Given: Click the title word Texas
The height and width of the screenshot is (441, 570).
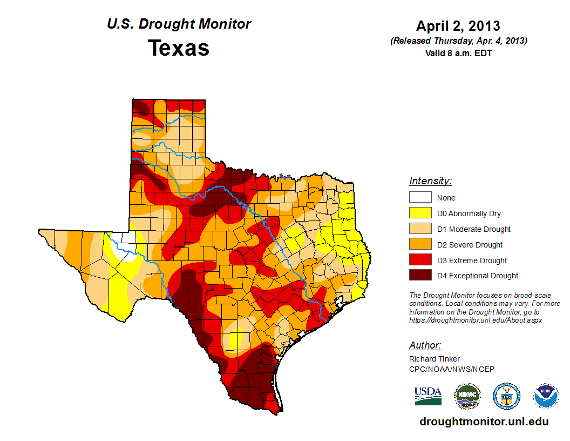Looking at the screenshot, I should [x=179, y=48].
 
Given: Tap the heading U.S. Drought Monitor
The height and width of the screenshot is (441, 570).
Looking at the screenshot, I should [x=179, y=24].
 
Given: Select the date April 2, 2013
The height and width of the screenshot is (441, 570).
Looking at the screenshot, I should [x=458, y=25].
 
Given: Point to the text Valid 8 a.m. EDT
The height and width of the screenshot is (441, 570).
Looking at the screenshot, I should [x=458, y=53].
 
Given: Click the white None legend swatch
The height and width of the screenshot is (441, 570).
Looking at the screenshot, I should [x=420, y=198].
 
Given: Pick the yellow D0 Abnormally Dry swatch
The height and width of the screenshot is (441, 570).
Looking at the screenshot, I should [x=420, y=213].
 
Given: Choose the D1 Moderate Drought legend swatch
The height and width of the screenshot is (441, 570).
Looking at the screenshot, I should [x=420, y=229].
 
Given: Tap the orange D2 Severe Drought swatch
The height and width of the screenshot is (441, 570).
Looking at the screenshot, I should [x=420, y=245].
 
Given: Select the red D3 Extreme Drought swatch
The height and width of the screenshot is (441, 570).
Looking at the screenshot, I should [x=420, y=260].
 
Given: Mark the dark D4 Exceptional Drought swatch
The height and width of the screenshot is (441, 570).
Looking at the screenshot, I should [x=420, y=276].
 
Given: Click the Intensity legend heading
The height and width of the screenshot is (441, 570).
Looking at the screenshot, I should [x=430, y=181].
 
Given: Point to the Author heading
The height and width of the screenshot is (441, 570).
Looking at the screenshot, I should [x=425, y=345].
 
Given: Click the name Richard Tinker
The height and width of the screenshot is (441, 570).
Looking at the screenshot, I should [x=435, y=359].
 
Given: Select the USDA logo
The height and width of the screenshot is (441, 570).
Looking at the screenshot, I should [x=428, y=396].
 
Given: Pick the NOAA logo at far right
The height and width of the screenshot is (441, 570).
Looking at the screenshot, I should [x=546, y=396].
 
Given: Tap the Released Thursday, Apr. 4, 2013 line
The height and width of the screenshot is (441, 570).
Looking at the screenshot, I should [x=458, y=41].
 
